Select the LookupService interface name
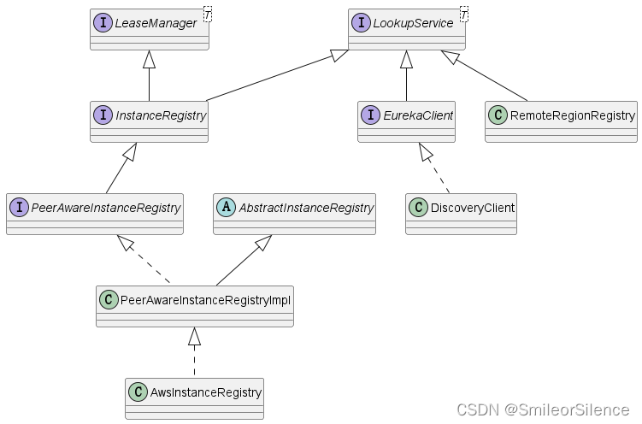(x=413, y=23)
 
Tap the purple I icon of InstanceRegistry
(x=103, y=115)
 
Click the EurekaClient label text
(x=419, y=115)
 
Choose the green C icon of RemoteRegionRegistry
(x=498, y=115)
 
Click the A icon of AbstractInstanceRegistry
(x=226, y=207)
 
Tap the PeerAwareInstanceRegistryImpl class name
(x=204, y=299)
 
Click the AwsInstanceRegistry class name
(x=204, y=392)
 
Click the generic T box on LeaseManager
(x=207, y=13)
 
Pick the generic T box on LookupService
(x=464, y=13)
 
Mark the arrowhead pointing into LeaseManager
(x=150, y=59)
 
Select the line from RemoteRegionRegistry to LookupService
(x=492, y=79)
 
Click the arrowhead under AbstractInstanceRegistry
(x=264, y=243)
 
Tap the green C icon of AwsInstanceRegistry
(x=137, y=392)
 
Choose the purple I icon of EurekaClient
(x=370, y=115)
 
